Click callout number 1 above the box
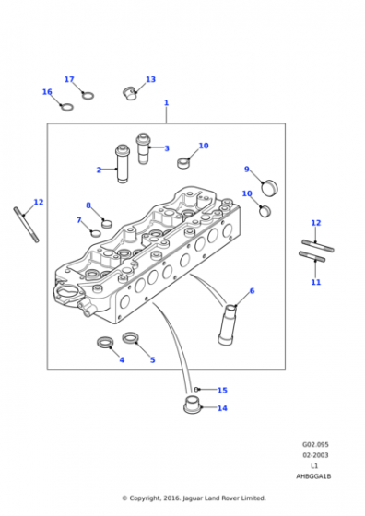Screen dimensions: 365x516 point(166,102)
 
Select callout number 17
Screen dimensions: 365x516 point(69,79)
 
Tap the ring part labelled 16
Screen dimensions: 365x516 point(66,107)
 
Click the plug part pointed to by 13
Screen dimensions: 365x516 point(130,93)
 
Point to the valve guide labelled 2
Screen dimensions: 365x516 point(122,164)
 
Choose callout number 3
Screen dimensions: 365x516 point(167,148)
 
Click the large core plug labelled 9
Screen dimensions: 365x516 point(269,187)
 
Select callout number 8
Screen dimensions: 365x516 point(88,205)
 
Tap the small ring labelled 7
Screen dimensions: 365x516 point(96,233)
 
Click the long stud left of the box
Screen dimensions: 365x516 point(27,225)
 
